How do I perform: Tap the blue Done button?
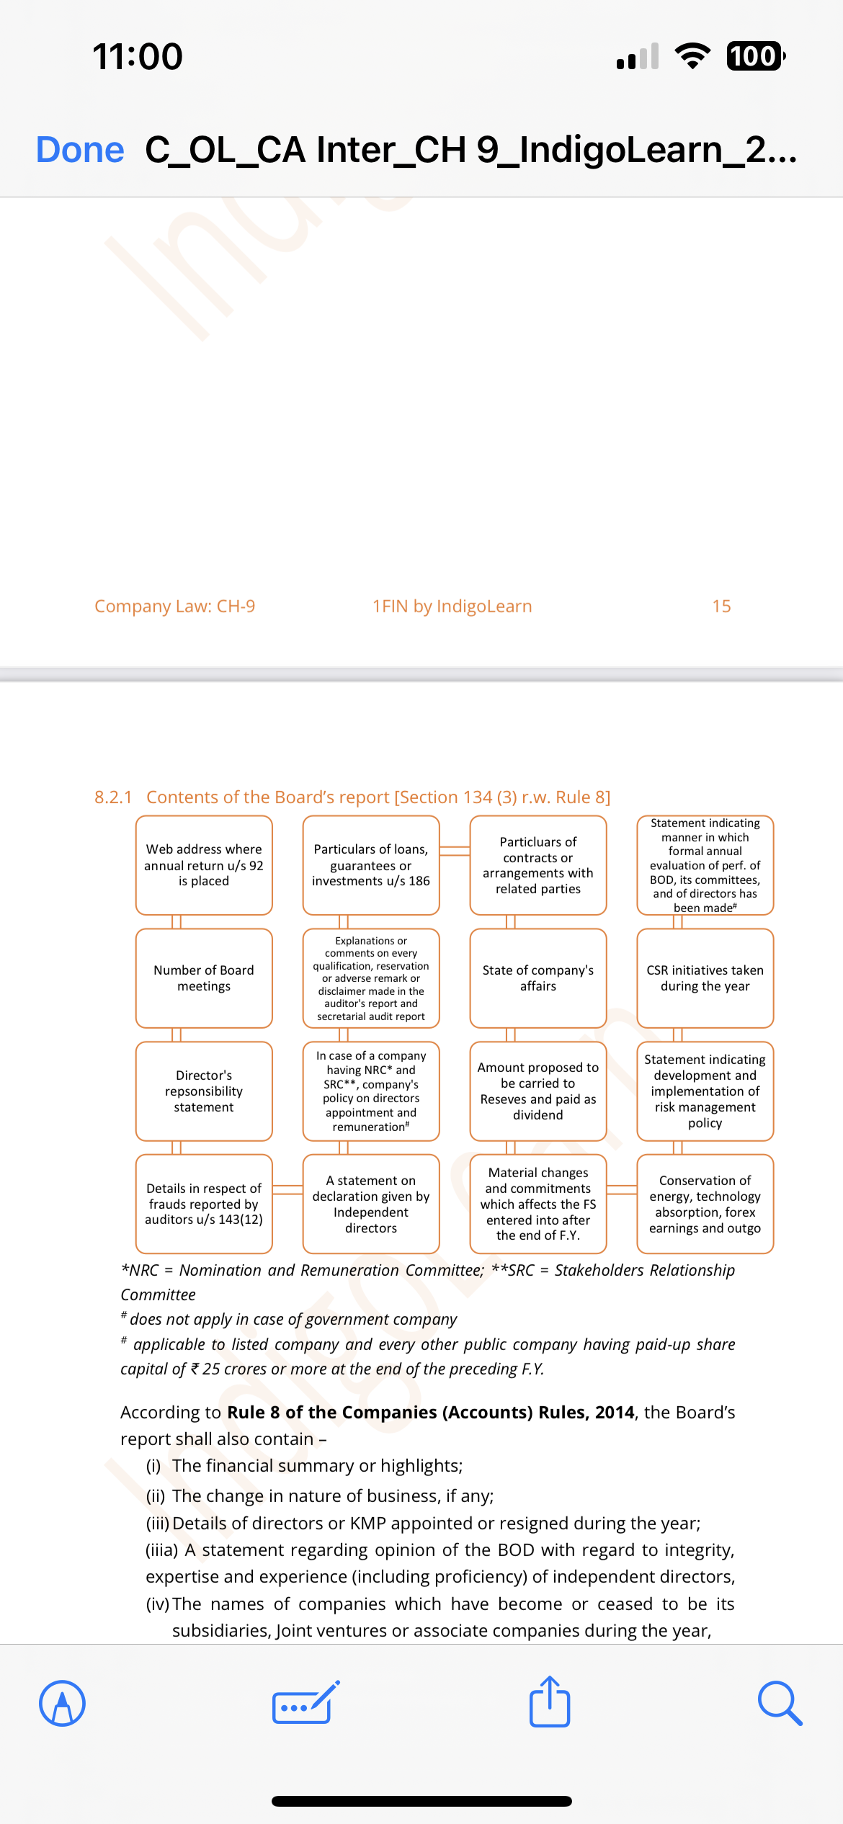point(80,150)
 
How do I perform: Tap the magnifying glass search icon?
point(780,1704)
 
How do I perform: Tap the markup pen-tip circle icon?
point(63,1704)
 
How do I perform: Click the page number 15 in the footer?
point(721,607)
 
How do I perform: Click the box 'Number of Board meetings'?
point(204,978)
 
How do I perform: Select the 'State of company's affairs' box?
point(538,978)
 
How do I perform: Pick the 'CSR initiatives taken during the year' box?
point(705,978)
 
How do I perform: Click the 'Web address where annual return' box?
point(204,865)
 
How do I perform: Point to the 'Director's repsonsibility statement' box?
point(204,1091)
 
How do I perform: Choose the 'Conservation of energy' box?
point(705,1204)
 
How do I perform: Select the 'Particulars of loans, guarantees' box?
point(371,865)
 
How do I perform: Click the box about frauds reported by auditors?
point(204,1204)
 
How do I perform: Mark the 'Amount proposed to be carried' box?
point(538,1091)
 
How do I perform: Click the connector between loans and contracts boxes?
point(455,851)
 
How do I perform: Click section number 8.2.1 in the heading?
point(113,797)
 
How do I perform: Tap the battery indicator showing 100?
point(754,56)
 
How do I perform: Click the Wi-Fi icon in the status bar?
point(692,56)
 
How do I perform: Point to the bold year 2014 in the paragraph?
point(615,1413)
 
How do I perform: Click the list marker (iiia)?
point(162,1550)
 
